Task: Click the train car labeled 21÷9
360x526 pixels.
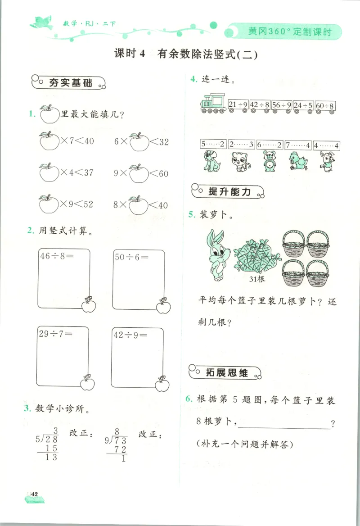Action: coord(238,105)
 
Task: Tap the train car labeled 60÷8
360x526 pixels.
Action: coord(325,105)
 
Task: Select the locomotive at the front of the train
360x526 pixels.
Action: coord(212,103)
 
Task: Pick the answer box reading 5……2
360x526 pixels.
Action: coord(212,145)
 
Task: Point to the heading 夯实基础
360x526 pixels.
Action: coord(69,83)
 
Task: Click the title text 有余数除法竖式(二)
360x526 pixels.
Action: coord(207,54)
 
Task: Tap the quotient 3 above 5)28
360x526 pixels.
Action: coord(56,430)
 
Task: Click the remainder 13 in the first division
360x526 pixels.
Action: coord(52,457)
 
